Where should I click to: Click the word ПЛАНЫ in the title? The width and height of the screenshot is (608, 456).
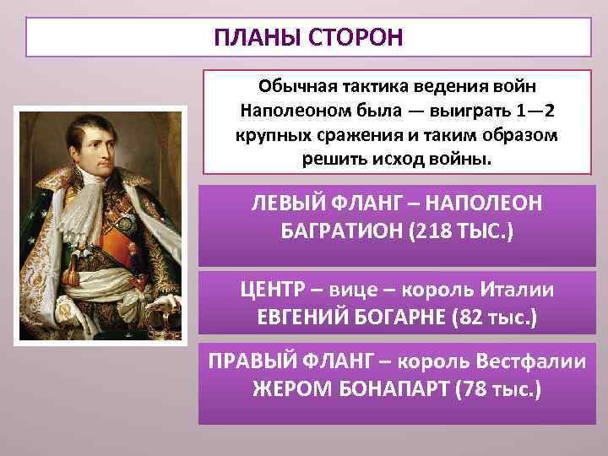[x=252, y=38]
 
